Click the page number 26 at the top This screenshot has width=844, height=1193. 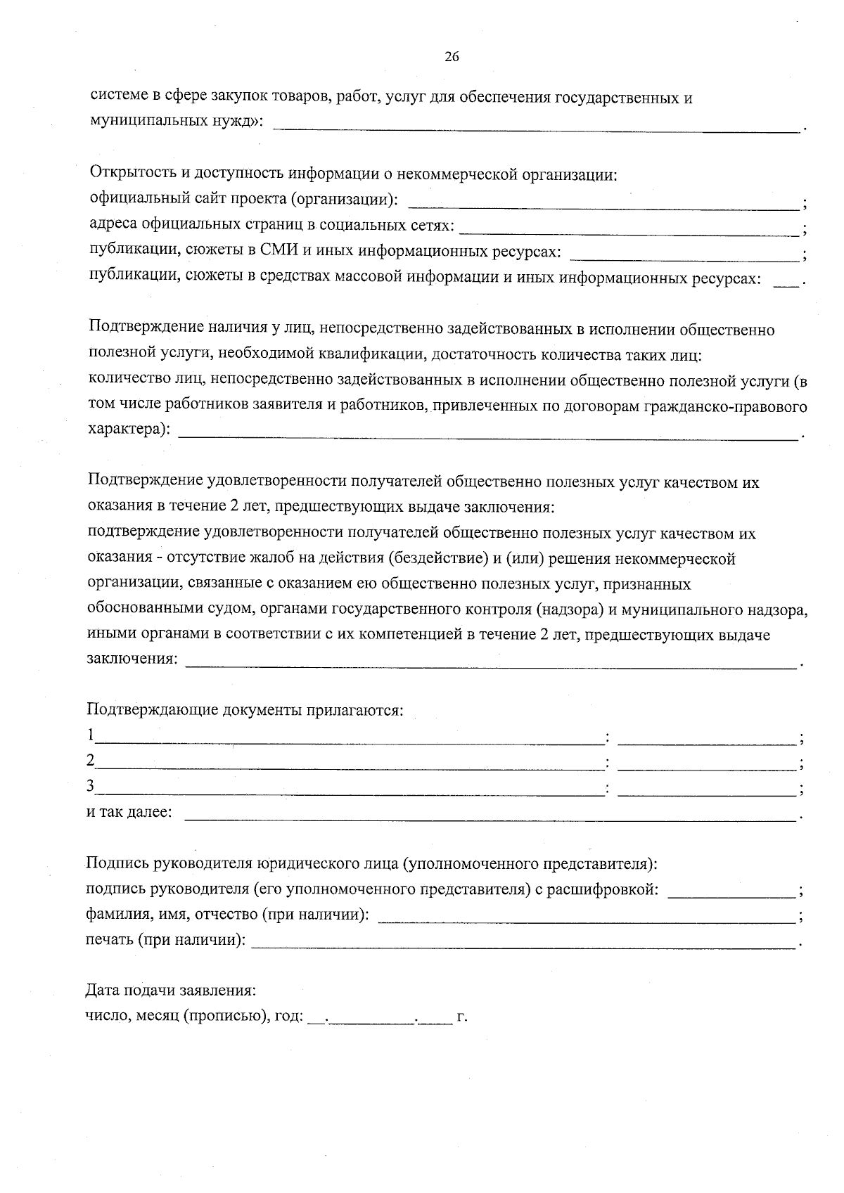452,58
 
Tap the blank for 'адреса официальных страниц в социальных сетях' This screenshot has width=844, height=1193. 629,230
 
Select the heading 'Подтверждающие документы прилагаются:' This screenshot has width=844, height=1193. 245,709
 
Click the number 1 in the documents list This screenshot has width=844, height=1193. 91,735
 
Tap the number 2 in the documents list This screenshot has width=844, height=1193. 91,761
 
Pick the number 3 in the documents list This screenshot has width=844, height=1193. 91,786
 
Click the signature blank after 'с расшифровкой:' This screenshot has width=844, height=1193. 731,894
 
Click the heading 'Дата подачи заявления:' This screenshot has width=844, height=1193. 170,991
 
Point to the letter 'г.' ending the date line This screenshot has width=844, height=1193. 462,1017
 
